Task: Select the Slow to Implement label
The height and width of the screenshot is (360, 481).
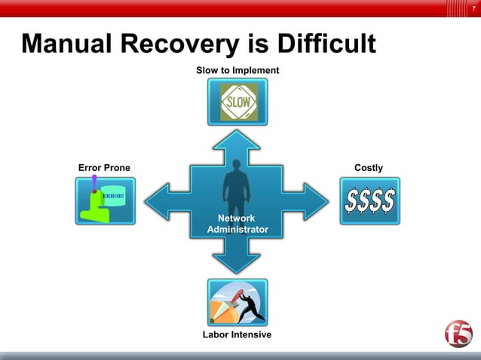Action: [x=237, y=70]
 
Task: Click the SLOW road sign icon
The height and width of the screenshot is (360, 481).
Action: [x=237, y=102]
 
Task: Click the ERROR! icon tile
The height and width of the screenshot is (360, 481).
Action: [x=106, y=200]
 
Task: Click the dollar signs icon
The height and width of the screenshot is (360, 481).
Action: [x=369, y=200]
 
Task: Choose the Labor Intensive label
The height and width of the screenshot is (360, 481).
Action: [x=237, y=334]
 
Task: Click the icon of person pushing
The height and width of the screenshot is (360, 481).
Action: [x=237, y=302]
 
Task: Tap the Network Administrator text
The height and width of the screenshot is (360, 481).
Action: [x=237, y=224]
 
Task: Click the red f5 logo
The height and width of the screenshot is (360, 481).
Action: [x=458, y=334]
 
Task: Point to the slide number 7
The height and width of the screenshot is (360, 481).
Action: [x=473, y=8]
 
